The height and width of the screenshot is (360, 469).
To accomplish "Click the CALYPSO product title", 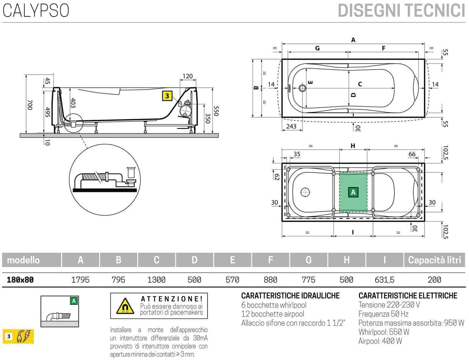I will point(36,10).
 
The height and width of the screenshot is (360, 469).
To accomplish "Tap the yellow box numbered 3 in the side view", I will point(167,96).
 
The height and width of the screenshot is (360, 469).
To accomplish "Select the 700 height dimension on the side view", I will point(30,105).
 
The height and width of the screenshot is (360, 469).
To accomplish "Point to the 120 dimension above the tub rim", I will point(188,76).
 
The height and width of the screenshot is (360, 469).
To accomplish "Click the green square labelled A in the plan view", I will point(353,192).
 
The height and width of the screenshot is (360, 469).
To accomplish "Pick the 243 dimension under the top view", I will point(291,126).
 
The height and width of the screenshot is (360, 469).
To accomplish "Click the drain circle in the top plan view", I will point(302,88).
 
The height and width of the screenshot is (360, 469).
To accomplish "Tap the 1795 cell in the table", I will point(80,279).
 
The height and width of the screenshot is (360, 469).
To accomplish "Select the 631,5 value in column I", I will point(384,279).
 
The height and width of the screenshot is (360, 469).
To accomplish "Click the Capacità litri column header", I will point(434,260).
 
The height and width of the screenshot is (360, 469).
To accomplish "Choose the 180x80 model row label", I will point(20,279).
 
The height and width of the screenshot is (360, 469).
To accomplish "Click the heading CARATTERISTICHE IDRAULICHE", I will point(290,296).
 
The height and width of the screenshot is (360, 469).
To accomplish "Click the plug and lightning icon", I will point(25,336).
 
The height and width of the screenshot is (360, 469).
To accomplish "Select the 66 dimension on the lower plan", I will point(412,154).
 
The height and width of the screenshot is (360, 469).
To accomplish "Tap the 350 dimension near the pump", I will point(208,118).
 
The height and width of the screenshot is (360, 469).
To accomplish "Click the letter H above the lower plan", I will point(353,146).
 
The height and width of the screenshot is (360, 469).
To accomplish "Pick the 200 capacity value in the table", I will point(434,279).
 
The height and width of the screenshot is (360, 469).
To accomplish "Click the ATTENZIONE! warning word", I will point(172,299).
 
